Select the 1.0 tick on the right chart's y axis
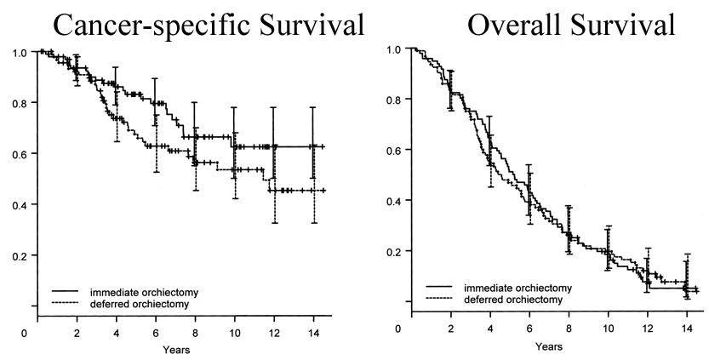pos(394,49)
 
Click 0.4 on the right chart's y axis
pos(394,201)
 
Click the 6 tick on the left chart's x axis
pos(155,332)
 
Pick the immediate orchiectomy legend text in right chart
pos(517,288)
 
